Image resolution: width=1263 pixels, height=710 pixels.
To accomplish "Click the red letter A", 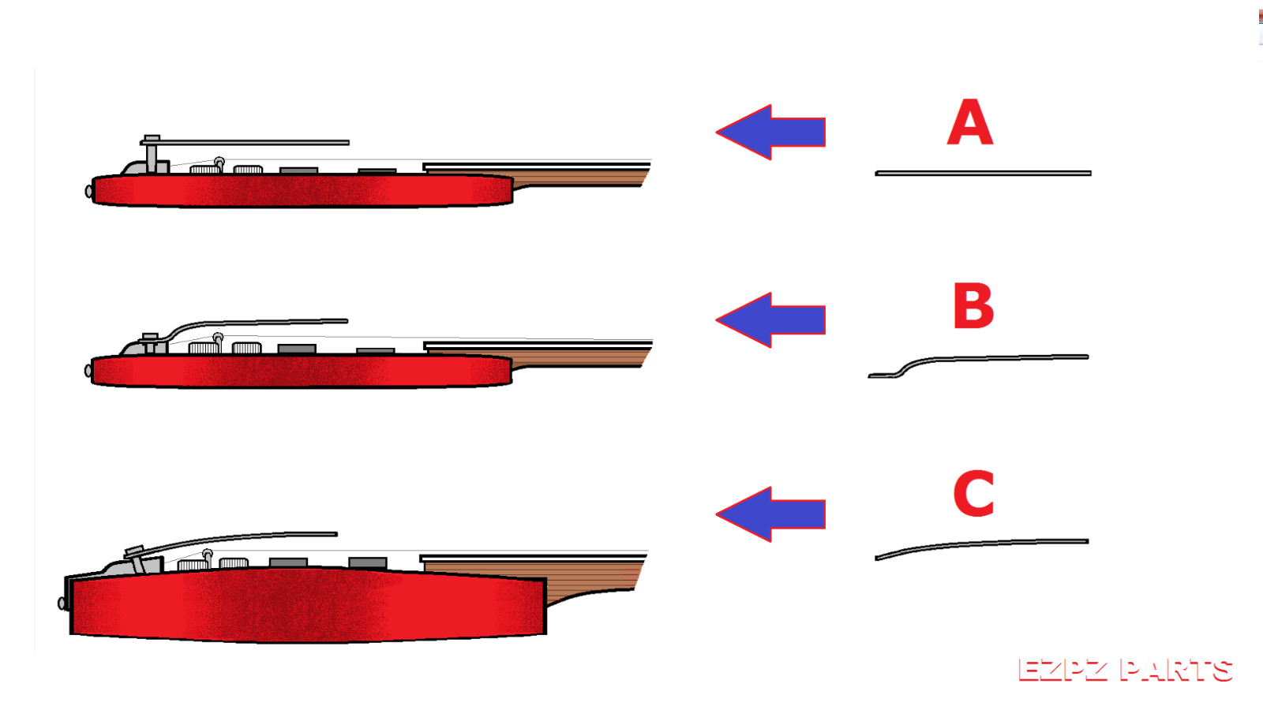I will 969,123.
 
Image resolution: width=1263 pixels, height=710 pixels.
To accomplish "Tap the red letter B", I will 973,306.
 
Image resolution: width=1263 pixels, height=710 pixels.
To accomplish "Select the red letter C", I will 973,494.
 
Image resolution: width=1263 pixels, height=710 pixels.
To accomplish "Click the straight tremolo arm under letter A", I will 983,173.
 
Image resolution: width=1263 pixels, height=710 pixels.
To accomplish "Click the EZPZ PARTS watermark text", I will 1125,671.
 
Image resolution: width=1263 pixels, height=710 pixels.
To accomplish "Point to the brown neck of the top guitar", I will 580,177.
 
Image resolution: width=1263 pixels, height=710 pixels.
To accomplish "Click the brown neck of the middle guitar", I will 580,357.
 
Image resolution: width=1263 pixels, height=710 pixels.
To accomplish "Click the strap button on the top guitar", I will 88,191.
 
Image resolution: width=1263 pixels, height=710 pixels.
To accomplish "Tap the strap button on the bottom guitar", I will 62,603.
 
